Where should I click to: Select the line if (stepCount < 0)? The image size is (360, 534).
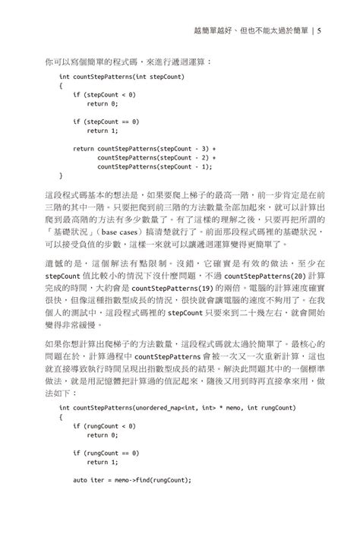pos(104,94)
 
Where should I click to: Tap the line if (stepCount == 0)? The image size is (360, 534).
pos(106,121)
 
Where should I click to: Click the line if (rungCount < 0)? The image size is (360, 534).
pos(104,426)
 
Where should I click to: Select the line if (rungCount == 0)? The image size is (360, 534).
pos(106,453)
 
